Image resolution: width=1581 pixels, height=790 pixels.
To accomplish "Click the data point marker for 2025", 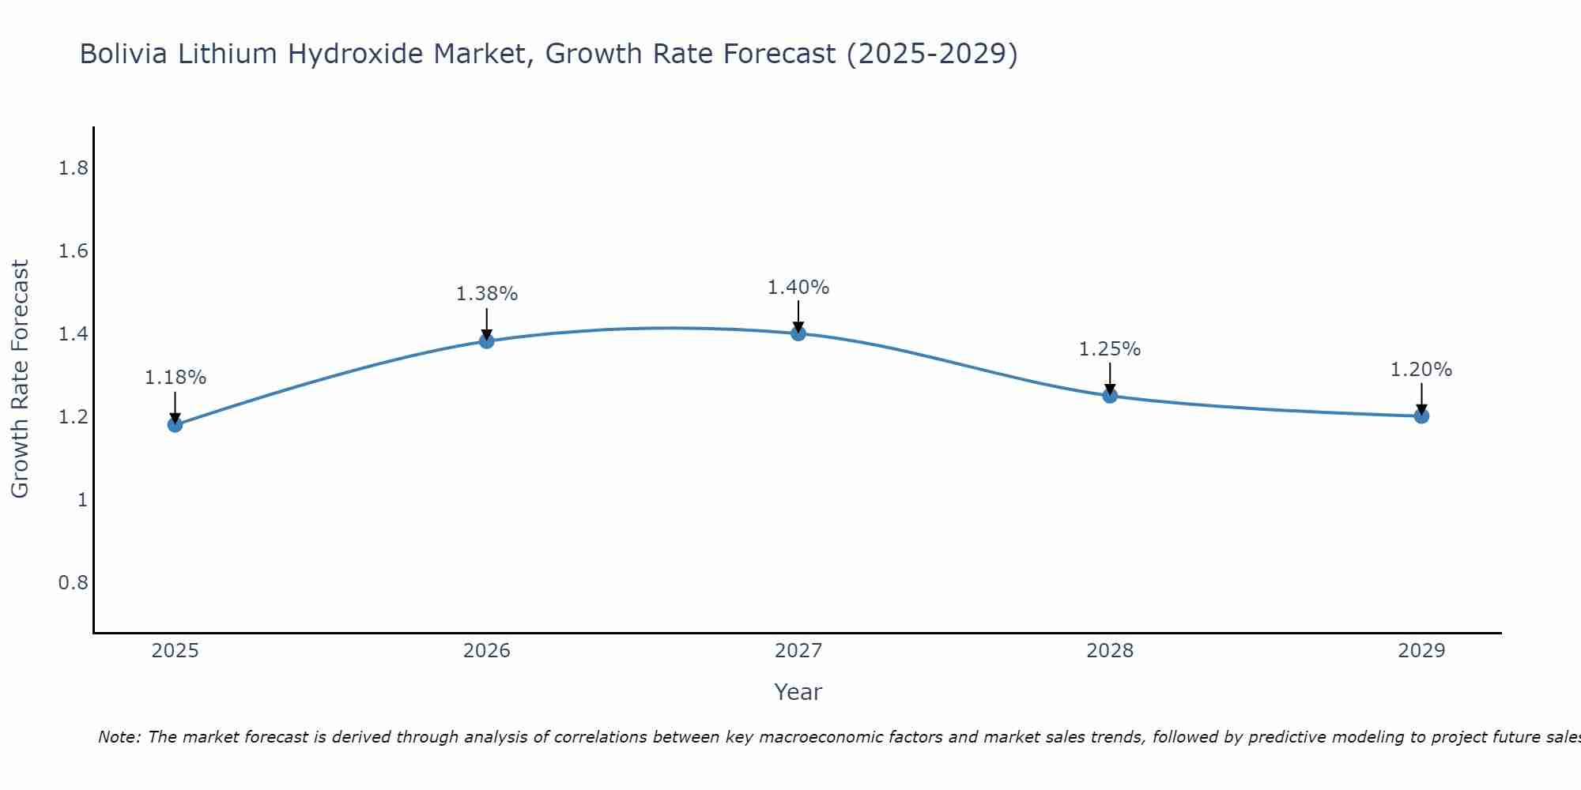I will point(175,425).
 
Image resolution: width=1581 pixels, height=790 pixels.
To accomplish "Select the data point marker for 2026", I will point(487,341).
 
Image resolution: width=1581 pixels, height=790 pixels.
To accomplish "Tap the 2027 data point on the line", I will point(798,333).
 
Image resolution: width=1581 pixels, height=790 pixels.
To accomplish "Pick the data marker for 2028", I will point(1110,396).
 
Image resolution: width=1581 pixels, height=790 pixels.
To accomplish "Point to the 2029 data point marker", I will point(1421,416).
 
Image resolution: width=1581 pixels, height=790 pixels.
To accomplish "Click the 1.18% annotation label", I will point(175,378).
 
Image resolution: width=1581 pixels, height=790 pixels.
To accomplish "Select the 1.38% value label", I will point(487,294).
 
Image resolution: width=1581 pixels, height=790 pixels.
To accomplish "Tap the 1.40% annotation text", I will point(798,288).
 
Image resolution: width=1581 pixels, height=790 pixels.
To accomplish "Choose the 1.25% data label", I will point(1110,349).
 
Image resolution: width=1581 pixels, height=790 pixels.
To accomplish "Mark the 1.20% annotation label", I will point(1421,370).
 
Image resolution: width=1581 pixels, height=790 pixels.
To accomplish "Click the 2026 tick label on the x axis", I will point(487,651).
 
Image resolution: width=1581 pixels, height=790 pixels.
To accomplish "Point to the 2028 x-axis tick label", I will point(1110,651).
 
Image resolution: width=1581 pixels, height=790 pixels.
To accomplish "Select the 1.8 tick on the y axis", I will point(74,168).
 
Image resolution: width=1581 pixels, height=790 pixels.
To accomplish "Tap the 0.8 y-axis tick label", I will point(74,583).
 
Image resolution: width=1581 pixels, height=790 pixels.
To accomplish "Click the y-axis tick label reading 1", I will point(82,500).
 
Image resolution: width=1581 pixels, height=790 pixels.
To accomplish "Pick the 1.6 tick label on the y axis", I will point(74,251).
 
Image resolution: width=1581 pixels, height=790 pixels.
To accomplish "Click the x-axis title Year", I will point(798,692).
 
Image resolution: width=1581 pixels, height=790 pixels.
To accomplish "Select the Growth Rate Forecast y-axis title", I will point(20,379).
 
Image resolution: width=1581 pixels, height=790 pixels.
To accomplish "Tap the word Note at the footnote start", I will point(119,737).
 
